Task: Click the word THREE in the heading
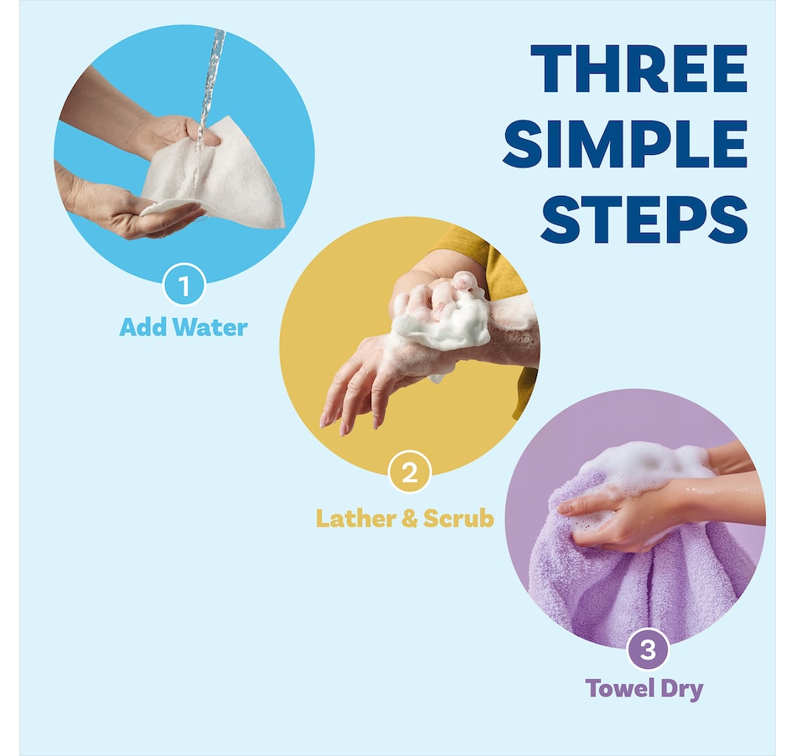click(x=638, y=69)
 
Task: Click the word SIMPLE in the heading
click(x=625, y=144)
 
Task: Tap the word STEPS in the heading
click(x=644, y=219)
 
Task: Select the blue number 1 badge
click(x=183, y=285)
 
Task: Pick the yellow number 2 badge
click(x=410, y=472)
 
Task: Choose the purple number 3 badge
click(x=649, y=649)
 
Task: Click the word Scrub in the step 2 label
click(x=458, y=518)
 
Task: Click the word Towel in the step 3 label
click(x=620, y=688)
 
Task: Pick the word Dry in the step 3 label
click(x=682, y=690)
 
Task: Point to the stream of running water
click(x=208, y=106)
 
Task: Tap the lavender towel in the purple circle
click(x=644, y=579)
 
